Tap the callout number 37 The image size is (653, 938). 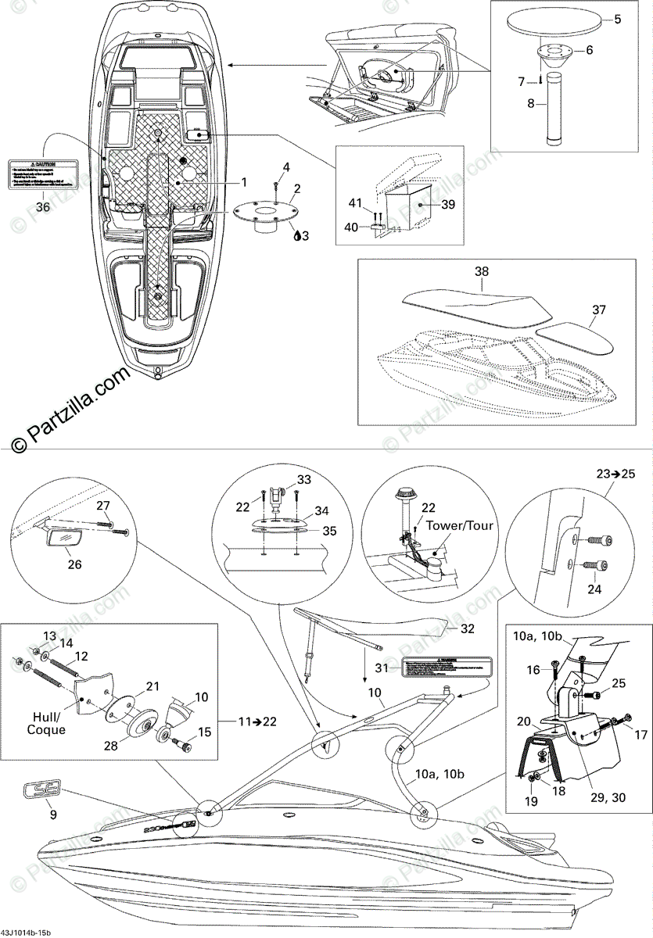tap(598, 310)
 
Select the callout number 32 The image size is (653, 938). tap(468, 628)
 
